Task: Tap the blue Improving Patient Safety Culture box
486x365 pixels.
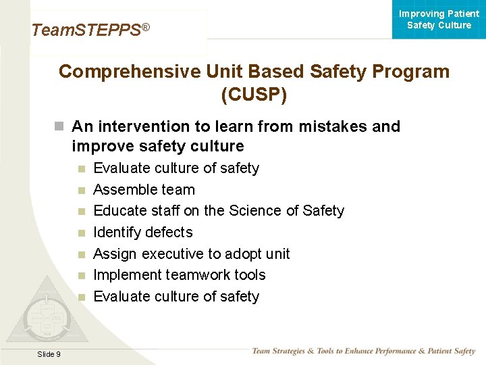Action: tap(439, 20)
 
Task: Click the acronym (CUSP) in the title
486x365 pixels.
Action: tap(254, 95)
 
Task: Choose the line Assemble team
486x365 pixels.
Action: tap(144, 190)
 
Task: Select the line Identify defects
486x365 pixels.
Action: tap(142, 233)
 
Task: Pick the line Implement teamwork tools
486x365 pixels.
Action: tap(179, 275)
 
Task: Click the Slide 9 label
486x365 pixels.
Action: tap(49, 354)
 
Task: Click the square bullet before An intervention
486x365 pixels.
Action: tap(59, 126)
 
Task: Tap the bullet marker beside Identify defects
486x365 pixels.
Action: tap(81, 233)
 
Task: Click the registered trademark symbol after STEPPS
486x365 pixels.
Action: tap(145, 27)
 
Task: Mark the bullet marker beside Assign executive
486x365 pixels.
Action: tap(81, 255)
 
